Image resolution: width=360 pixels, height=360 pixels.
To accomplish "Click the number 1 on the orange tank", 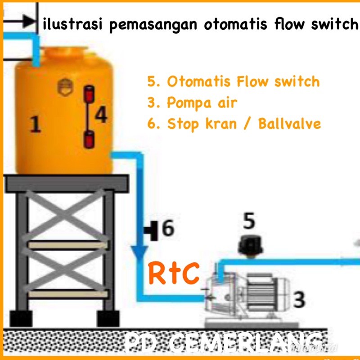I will tap(36, 125).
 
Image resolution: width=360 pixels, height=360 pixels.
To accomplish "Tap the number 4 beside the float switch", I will tap(102, 116).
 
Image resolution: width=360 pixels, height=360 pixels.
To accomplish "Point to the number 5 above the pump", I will tap(249, 222).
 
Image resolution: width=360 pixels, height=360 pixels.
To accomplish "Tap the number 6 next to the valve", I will tap(167, 229).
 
